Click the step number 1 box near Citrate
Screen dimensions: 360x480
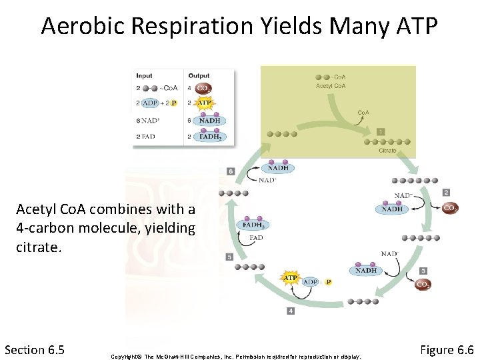(380, 131)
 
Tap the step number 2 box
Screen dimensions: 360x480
(446, 193)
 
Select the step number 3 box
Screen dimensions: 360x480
(423, 271)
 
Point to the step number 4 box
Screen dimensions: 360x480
(291, 311)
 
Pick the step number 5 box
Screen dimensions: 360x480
(230, 257)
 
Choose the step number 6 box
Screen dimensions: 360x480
(231, 171)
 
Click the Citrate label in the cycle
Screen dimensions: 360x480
(387, 151)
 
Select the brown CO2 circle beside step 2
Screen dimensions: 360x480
(451, 208)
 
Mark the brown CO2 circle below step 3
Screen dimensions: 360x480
(423, 285)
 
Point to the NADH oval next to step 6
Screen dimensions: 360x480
(279, 168)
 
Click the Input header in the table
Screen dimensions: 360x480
(144, 75)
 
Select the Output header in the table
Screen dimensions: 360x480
(199, 75)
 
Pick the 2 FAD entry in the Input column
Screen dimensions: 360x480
(147, 136)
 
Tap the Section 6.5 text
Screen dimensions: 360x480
(34, 350)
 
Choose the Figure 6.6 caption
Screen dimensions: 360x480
(446, 350)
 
